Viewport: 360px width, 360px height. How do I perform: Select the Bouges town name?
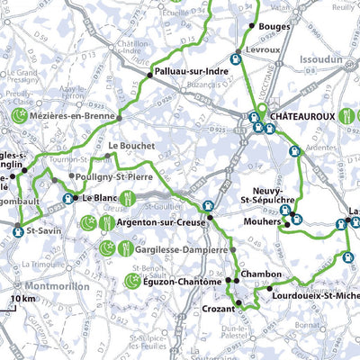pyautogui.click(x=274, y=27)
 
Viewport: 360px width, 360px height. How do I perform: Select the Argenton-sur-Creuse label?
pyautogui.click(x=157, y=221)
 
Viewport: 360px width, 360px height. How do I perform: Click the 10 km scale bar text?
pyautogui.click(x=22, y=299)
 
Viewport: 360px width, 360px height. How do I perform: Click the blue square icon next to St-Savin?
pyautogui.click(x=18, y=232)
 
